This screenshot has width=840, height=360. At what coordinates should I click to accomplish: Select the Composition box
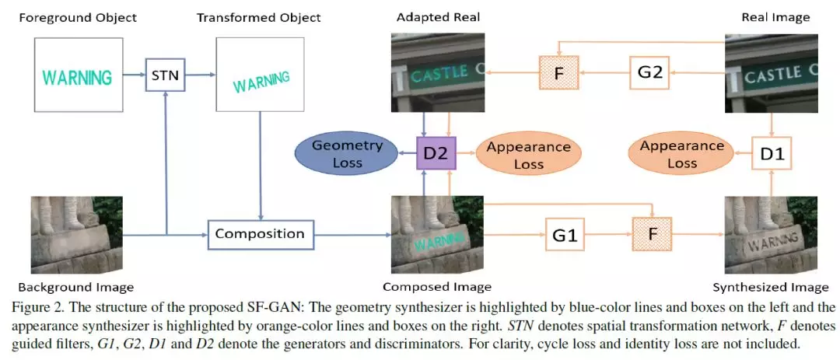coord(260,233)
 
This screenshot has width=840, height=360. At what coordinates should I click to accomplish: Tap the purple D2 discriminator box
coord(435,153)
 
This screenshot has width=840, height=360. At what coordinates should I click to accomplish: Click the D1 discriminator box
coord(771,153)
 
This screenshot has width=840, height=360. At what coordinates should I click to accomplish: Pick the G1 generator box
coord(565,234)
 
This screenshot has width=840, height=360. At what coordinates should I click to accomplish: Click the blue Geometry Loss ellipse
coord(348,154)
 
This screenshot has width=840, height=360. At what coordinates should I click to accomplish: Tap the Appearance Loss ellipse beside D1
coord(681,155)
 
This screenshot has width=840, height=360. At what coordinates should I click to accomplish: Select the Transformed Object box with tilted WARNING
coord(261,77)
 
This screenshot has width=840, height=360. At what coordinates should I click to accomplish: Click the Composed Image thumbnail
coord(436,234)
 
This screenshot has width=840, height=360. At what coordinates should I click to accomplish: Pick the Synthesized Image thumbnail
coord(771,234)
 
